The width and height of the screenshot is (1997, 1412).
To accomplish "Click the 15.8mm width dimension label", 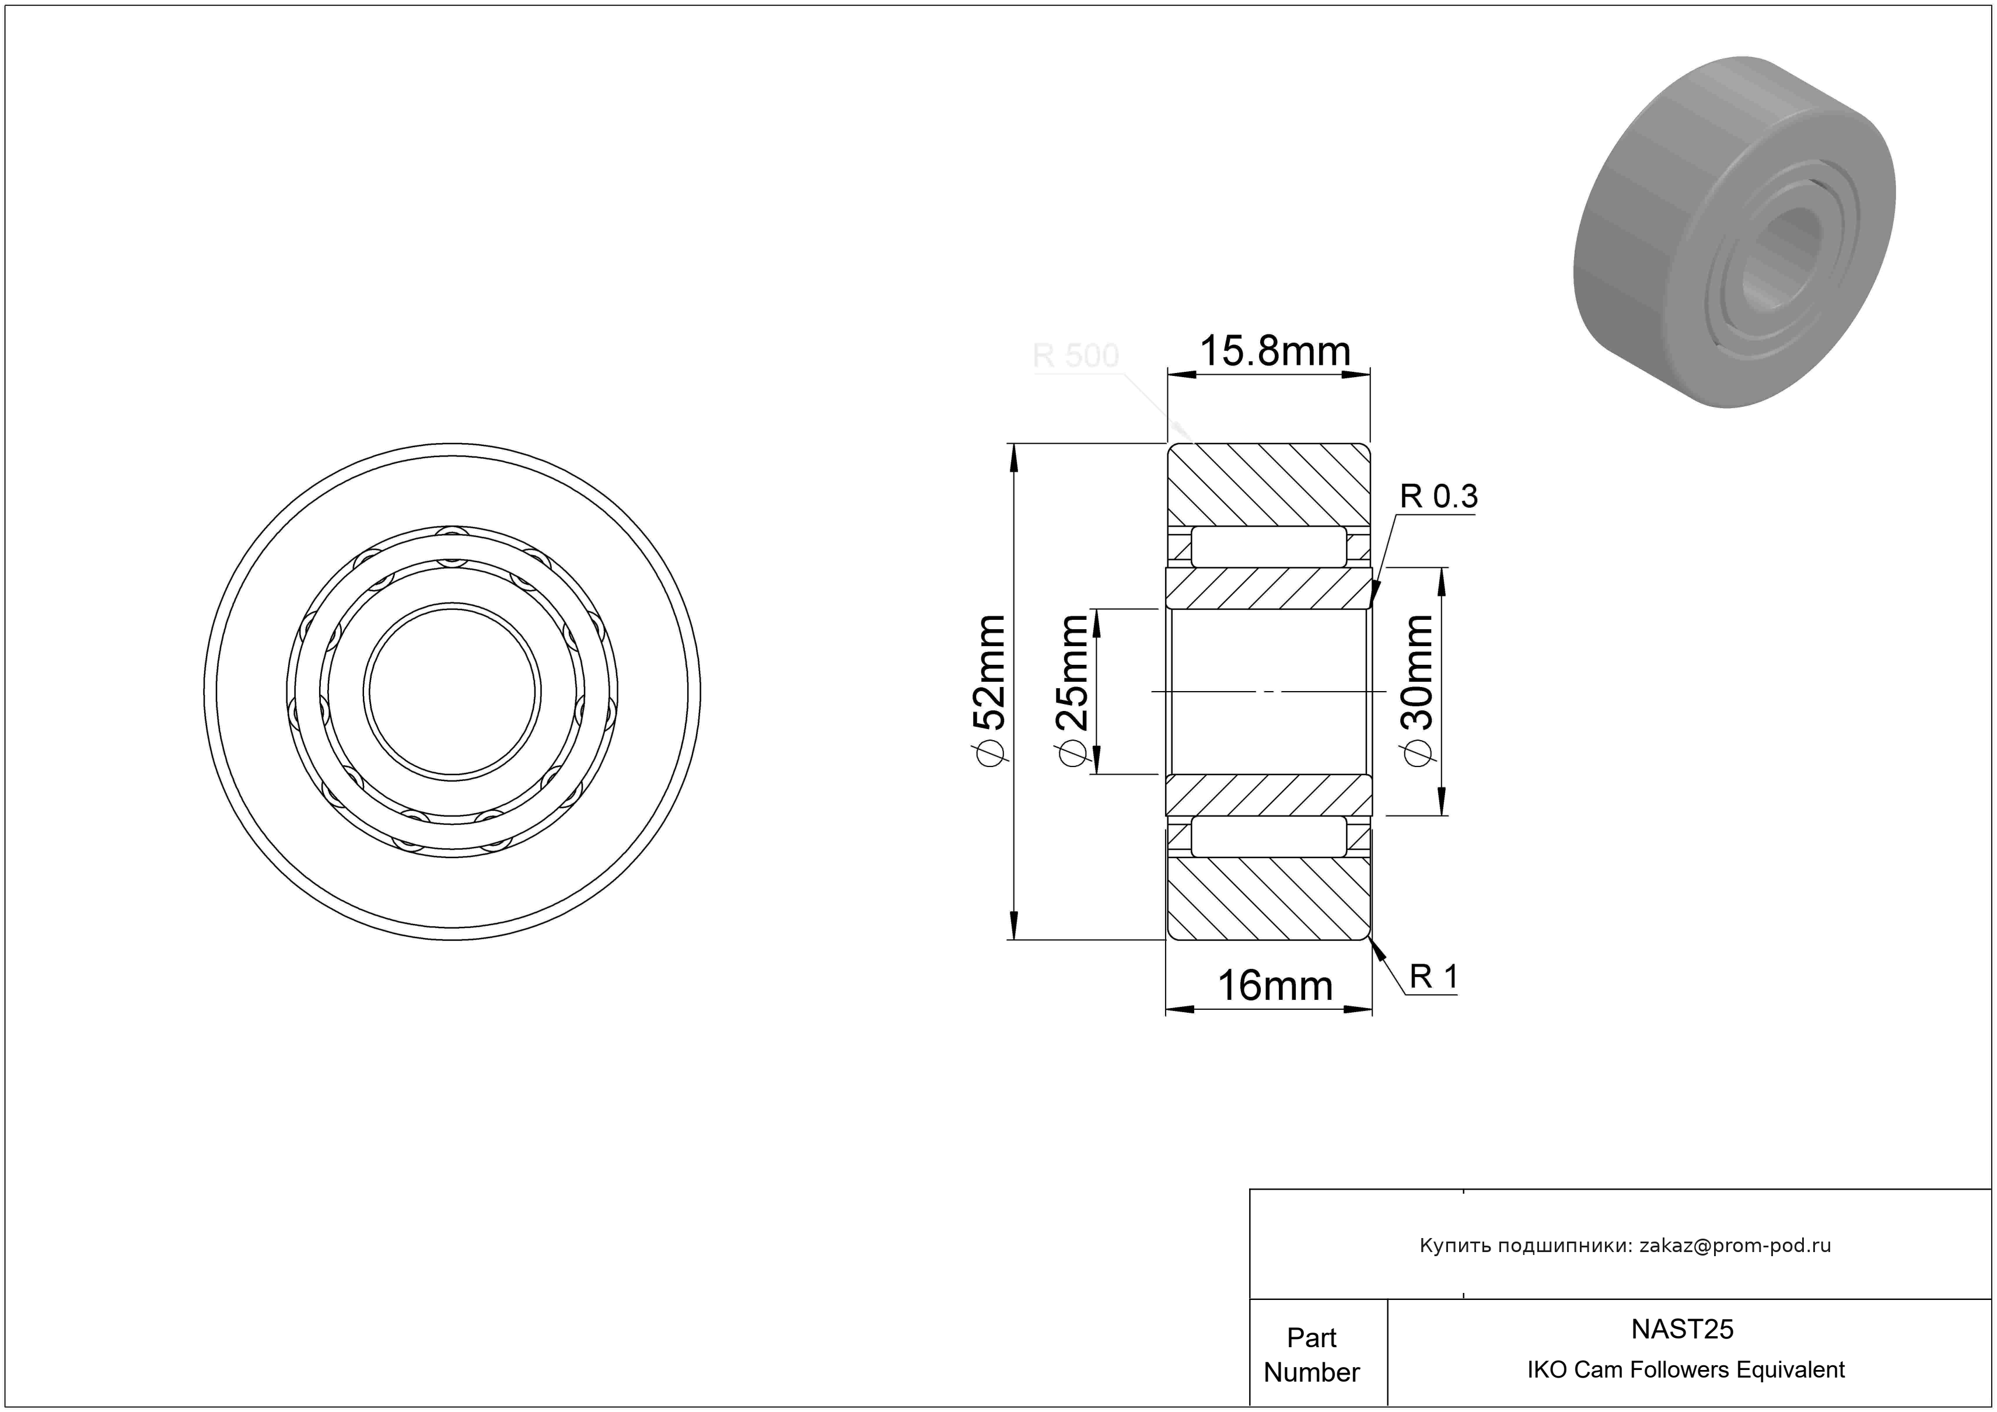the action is pos(1275,351).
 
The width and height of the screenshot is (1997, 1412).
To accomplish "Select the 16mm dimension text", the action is pos(1275,986).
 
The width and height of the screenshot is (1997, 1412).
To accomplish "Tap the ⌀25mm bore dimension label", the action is pos(1072,692).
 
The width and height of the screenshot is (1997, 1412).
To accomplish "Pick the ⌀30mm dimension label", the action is pos(1417,692).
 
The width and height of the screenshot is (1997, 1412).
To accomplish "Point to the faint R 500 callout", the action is pos(1075,356).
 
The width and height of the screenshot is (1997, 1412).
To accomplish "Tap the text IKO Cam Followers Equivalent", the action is pos(1685,1370).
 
